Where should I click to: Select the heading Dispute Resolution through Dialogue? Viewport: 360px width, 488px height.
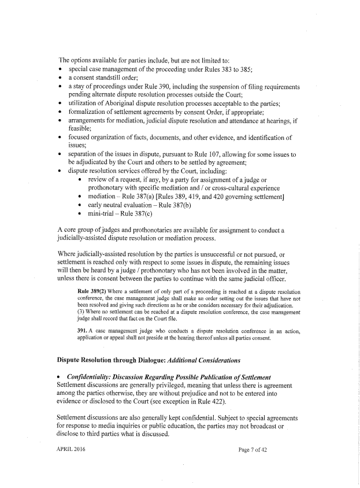110,360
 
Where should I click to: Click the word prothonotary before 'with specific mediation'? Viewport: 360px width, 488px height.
111,188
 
